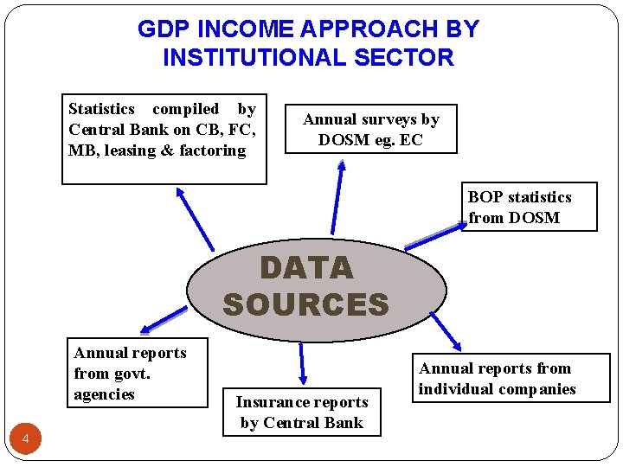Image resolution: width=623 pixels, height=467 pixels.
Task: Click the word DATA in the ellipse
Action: tap(306, 268)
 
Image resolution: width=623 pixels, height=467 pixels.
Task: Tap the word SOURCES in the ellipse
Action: tap(306, 304)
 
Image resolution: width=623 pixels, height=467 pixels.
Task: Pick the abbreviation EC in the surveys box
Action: tap(411, 139)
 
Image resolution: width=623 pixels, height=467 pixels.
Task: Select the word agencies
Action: tap(105, 394)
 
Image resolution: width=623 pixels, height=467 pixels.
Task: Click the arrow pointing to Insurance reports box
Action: tap(302, 362)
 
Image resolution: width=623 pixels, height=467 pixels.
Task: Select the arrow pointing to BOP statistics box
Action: tap(436, 236)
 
